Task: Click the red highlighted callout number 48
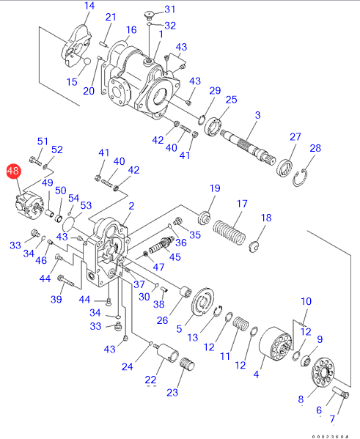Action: tap(13, 171)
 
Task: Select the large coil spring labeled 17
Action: tap(229, 232)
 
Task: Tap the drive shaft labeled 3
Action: tap(248, 147)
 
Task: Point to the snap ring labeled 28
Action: tap(301, 178)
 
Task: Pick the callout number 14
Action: tap(89, 6)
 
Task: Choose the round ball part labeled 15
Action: tap(87, 61)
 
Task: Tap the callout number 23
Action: tap(172, 392)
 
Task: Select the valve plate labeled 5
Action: tap(203, 302)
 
